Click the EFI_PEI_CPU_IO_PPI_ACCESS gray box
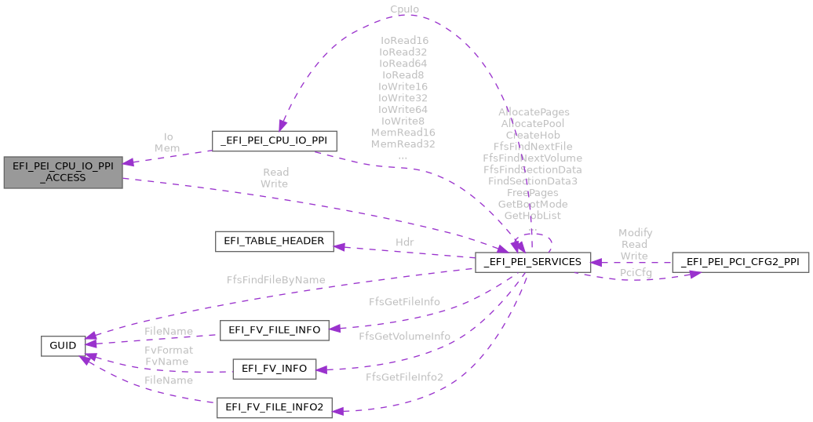click(x=63, y=172)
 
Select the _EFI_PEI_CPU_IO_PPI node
click(x=275, y=141)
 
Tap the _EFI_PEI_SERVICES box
click(x=532, y=262)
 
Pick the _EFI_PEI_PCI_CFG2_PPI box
click(x=740, y=262)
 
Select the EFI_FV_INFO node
click(x=274, y=369)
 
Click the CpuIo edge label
click(x=404, y=9)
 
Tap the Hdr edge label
click(x=404, y=242)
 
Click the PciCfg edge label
click(x=636, y=272)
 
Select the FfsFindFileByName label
click(x=275, y=279)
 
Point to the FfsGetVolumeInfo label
click(x=404, y=336)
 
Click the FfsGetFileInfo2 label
click(x=404, y=377)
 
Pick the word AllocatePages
click(x=534, y=112)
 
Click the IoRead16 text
click(x=404, y=40)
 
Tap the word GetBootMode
click(x=533, y=204)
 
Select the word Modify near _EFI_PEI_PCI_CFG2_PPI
click(x=635, y=233)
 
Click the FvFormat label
click(x=169, y=350)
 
